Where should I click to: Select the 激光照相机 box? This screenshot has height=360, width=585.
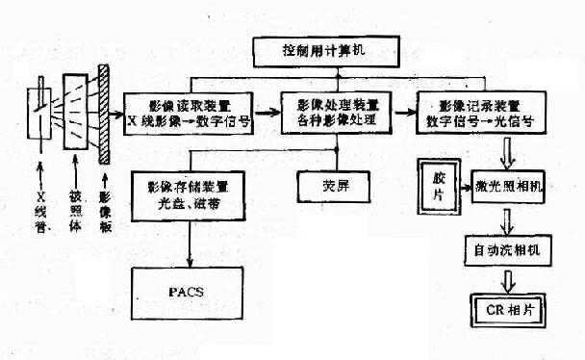pyautogui.click(x=508, y=185)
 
